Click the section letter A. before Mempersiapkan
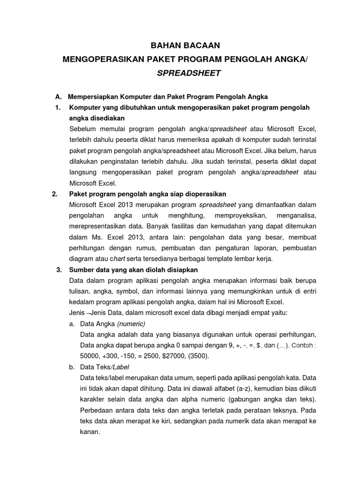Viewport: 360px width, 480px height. click(59, 97)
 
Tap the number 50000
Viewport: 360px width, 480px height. click(91, 356)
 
